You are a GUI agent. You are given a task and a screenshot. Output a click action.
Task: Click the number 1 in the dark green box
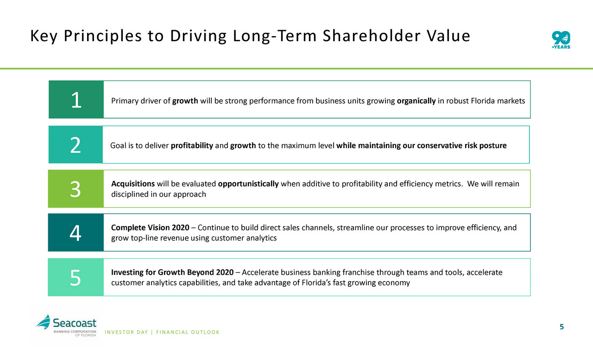[x=76, y=100]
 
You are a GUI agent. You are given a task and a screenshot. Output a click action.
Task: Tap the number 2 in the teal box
[x=76, y=145]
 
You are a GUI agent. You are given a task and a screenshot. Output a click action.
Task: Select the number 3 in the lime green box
[x=75, y=189]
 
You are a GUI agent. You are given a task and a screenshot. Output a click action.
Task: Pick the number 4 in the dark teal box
[x=75, y=233]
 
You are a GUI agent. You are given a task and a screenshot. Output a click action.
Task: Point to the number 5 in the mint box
[x=75, y=278]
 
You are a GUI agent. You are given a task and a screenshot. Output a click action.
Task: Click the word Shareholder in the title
[x=372, y=36]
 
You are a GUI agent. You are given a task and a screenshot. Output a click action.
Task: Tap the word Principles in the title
[x=103, y=36]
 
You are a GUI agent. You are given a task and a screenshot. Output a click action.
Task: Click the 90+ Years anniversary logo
[x=561, y=40]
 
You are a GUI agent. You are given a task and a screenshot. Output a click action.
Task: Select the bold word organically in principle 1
[x=416, y=101]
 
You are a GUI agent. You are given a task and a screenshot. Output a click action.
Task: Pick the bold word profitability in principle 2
[x=192, y=145]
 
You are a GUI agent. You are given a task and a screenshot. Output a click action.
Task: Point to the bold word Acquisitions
[x=133, y=183]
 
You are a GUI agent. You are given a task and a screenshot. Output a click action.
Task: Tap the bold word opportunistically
[x=248, y=183]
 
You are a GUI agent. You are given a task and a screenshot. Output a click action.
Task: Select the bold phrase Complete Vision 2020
[x=150, y=227]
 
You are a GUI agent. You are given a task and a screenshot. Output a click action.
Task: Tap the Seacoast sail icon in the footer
[x=44, y=322]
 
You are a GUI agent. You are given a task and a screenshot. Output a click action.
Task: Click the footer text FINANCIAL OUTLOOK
[x=188, y=332]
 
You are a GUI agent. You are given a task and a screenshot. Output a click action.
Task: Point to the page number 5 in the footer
[x=561, y=327]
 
